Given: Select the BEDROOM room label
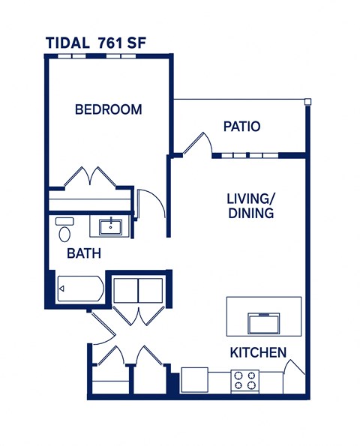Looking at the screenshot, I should tap(109, 109).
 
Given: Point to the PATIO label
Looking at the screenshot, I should tap(242, 127).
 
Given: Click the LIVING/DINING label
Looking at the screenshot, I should tap(250, 205).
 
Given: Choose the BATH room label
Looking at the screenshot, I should tap(84, 253).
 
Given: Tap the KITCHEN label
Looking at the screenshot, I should tap(257, 352).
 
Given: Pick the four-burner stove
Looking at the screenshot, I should tap(244, 381).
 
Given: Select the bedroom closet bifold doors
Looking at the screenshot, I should tap(89, 178).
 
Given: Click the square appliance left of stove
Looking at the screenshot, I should tap(194, 379).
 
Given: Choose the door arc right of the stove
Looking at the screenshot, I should tap(295, 373).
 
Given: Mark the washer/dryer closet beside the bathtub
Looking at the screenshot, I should tap(138, 289).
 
